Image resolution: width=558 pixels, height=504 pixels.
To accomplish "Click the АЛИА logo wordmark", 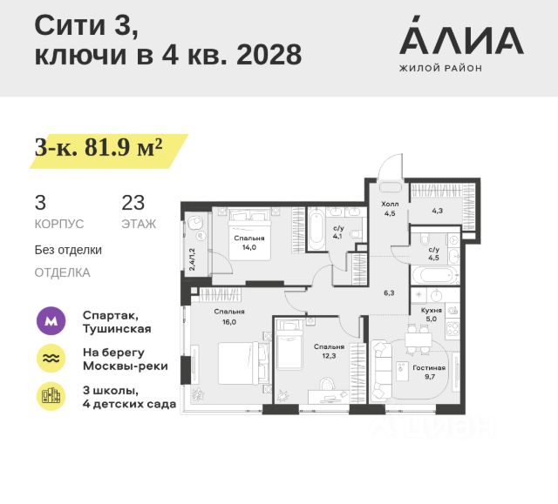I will (x=460, y=40).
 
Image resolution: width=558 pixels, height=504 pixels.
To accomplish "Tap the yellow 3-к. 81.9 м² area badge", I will (x=99, y=149).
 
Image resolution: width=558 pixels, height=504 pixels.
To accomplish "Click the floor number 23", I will (x=133, y=203).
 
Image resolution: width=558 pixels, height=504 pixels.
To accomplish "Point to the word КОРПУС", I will (x=58, y=224).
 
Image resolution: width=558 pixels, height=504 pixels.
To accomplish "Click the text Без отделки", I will (x=68, y=250).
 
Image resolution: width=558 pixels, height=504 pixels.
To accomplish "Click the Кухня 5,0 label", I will (x=431, y=313).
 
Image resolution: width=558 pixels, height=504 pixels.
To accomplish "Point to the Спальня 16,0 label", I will (x=231, y=316).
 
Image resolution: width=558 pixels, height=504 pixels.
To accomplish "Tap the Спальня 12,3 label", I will (x=329, y=351).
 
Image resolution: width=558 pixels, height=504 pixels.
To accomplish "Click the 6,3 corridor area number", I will (x=390, y=293).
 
